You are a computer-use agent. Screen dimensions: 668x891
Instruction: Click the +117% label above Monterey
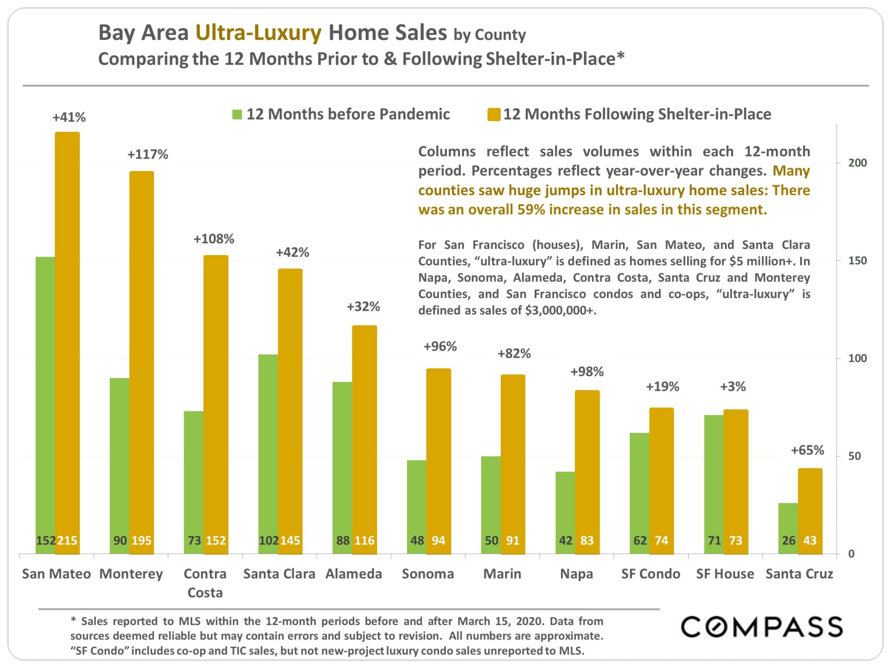click(x=148, y=154)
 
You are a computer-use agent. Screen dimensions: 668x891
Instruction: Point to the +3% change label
click(x=733, y=386)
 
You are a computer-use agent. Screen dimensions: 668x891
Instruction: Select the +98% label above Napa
click(x=587, y=372)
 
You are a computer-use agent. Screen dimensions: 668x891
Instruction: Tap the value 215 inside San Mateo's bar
click(x=67, y=540)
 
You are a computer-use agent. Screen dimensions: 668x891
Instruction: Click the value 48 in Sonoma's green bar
click(x=417, y=540)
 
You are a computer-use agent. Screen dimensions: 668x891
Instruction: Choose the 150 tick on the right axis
click(x=857, y=261)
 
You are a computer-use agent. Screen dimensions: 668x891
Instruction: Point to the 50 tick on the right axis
click(x=854, y=456)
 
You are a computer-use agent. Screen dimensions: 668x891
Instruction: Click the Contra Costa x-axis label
click(x=205, y=583)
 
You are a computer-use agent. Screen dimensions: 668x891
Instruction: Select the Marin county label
click(x=502, y=574)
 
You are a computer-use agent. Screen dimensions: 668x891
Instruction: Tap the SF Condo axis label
click(x=651, y=574)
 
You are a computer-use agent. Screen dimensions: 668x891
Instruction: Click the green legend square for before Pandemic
click(x=237, y=115)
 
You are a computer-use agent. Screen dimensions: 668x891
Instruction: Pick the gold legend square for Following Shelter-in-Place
click(x=494, y=115)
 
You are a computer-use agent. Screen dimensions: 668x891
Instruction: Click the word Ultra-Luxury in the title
click(x=258, y=33)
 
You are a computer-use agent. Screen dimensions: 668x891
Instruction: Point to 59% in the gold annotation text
click(x=531, y=210)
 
